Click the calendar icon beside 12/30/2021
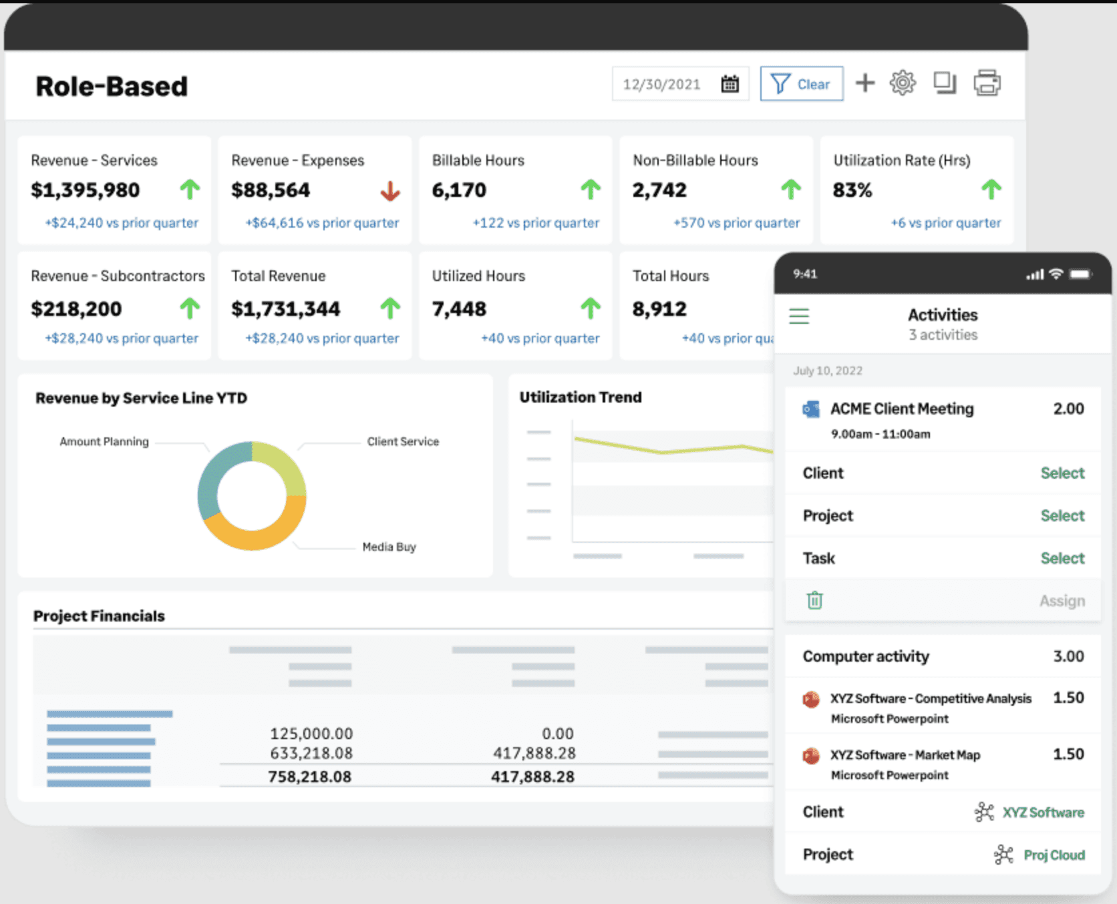click(x=730, y=83)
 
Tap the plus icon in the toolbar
click(x=865, y=83)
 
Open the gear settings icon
click(x=903, y=83)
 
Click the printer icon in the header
click(x=987, y=83)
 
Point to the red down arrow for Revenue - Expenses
click(x=390, y=191)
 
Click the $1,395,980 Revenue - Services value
click(x=86, y=190)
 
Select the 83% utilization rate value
click(x=852, y=190)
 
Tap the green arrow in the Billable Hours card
click(x=591, y=190)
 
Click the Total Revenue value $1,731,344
click(x=286, y=309)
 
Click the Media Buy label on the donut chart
click(x=389, y=547)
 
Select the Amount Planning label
click(x=104, y=441)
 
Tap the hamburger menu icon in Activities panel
click(x=799, y=316)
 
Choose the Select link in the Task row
click(x=1062, y=558)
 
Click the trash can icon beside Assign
click(x=814, y=600)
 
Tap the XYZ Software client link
click(x=1043, y=813)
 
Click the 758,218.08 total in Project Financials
click(x=309, y=776)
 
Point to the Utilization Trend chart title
click(x=581, y=397)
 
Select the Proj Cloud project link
click(x=1054, y=855)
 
